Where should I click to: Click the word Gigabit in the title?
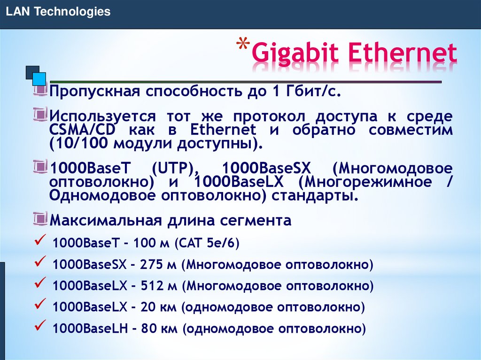[295, 54]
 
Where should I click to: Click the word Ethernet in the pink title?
[402, 53]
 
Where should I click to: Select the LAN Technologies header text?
[58, 12]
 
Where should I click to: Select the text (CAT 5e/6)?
[207, 243]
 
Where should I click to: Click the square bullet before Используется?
[41, 114]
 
